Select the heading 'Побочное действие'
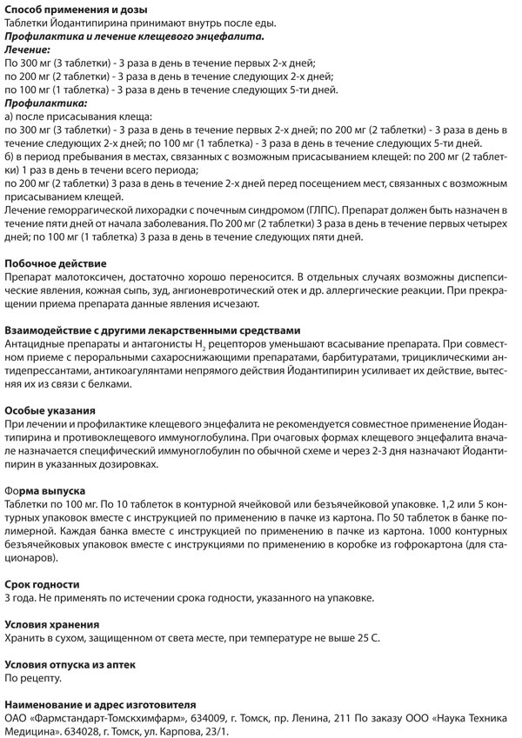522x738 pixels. point(56,263)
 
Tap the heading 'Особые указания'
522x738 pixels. point(50,410)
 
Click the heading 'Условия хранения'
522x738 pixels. point(52,624)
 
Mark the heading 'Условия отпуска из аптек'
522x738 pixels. point(70,664)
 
